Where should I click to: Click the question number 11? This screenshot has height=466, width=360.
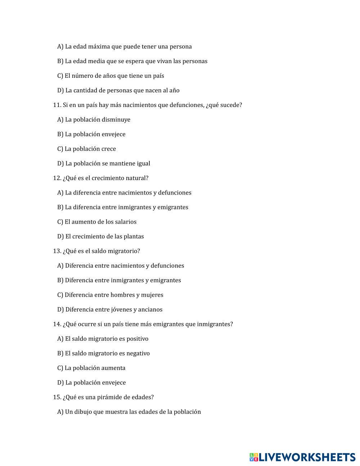57,105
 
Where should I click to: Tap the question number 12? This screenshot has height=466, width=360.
57,178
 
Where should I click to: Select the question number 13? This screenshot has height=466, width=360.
57,251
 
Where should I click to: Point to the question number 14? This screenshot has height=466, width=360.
57,324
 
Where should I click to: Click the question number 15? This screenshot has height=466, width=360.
57,398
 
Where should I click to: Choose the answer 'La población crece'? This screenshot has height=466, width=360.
90,149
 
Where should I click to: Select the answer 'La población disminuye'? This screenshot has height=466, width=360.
97,120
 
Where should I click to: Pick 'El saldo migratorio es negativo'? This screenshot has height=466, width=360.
107,354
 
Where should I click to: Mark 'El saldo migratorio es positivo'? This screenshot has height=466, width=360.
106,339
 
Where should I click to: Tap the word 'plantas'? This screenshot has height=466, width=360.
134,237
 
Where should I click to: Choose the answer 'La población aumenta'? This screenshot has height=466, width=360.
95,368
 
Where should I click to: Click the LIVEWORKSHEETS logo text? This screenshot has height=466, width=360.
307,457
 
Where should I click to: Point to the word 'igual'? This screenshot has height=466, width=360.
143,164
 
